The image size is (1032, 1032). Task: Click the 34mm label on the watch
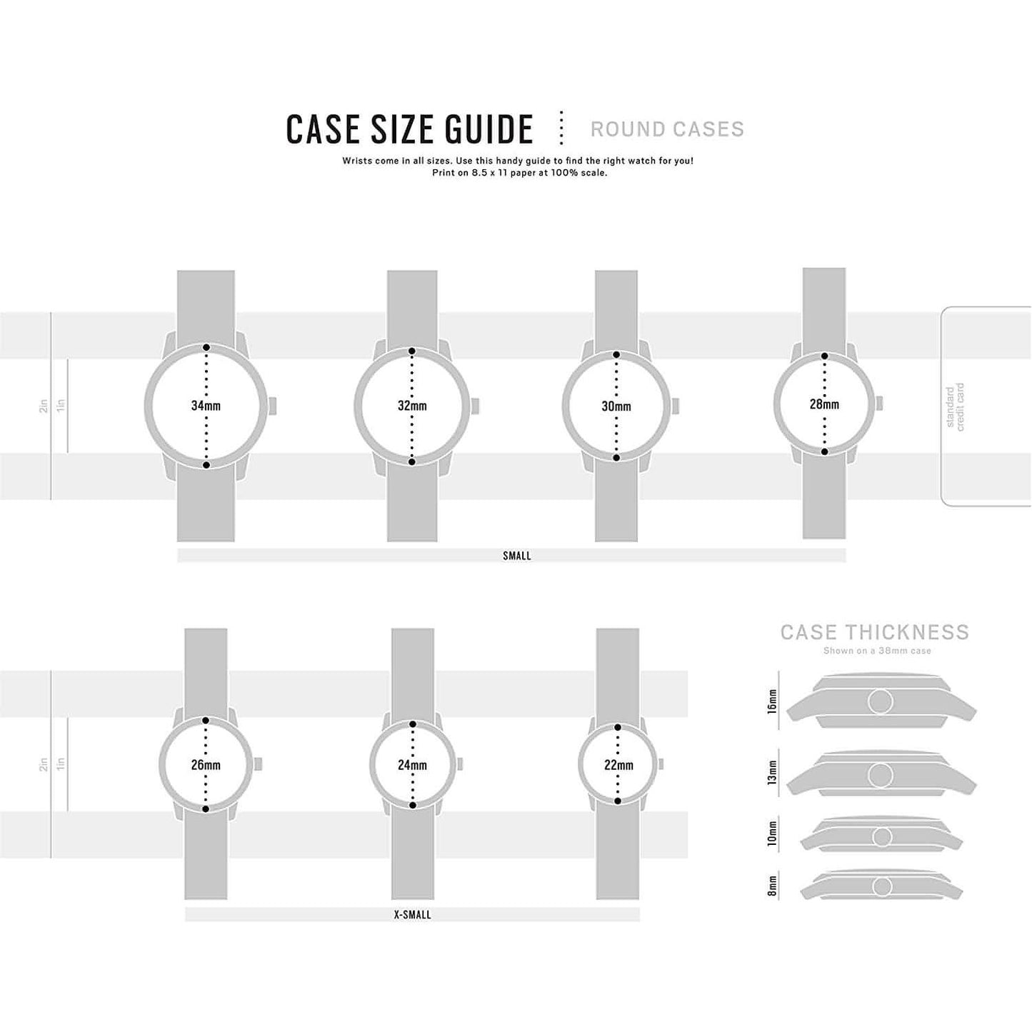(206, 406)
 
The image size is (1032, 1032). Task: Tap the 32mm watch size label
(412, 406)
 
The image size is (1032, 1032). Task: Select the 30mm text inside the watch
(616, 406)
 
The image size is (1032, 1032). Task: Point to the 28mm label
(824, 404)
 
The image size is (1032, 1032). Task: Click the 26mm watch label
(206, 765)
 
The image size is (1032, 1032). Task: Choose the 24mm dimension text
(412, 765)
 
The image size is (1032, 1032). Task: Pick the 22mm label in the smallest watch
(618, 765)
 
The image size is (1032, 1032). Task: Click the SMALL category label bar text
(516, 556)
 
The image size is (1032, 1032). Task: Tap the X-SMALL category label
(412, 915)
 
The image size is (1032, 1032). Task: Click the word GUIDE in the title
(489, 129)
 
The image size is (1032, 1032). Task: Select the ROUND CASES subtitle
(667, 129)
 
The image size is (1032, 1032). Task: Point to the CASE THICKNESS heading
(874, 632)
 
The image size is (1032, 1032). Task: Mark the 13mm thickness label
(771, 775)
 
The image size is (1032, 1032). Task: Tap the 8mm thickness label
(771, 887)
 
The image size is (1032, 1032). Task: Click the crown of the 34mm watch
(272, 406)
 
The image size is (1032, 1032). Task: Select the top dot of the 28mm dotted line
(824, 356)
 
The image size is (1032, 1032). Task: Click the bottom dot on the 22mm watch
(618, 801)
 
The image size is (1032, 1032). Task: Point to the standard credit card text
(955, 407)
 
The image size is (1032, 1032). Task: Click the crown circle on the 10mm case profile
(881, 837)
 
